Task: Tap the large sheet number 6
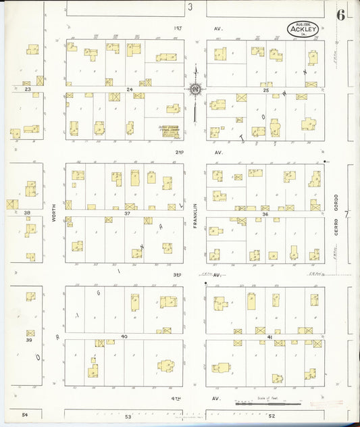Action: point(341,16)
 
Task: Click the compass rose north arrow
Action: point(195,89)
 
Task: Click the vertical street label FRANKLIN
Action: point(195,216)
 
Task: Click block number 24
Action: point(129,89)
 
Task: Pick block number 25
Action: point(266,89)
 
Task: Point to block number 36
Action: point(265,213)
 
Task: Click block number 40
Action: point(124,336)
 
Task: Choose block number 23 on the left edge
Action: point(28,89)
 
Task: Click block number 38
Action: point(28,212)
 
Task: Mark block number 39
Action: point(28,340)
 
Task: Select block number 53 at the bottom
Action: point(128,417)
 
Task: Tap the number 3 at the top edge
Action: point(190,7)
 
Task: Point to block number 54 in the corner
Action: point(25,413)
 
